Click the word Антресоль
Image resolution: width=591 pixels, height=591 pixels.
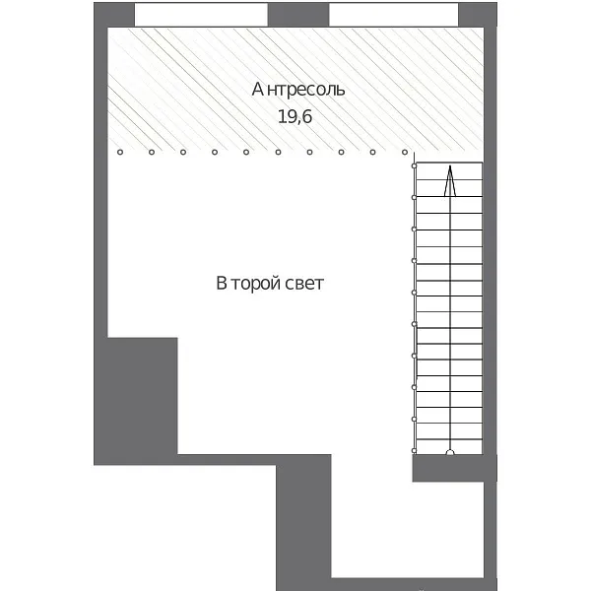click(298, 90)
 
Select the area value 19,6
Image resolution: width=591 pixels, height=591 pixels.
click(295, 116)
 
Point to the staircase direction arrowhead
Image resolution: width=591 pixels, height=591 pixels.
click(450, 180)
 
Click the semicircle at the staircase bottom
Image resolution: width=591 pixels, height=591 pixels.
click(450, 452)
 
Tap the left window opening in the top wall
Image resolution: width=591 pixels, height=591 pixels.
click(201, 15)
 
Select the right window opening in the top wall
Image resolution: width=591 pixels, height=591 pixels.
click(393, 15)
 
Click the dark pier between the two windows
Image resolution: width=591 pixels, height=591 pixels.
click(298, 15)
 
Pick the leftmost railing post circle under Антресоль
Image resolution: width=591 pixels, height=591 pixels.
click(120, 153)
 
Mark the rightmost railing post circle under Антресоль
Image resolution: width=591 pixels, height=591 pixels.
click(405, 153)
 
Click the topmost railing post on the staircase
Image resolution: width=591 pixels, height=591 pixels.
click(414, 165)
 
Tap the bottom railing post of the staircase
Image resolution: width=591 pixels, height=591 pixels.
click(414, 450)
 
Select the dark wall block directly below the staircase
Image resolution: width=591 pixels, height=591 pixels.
click(454, 468)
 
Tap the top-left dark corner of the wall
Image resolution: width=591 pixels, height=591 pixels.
click(114, 15)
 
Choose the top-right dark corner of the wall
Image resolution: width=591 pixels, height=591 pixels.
click(478, 15)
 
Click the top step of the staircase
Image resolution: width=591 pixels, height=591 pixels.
click(449, 171)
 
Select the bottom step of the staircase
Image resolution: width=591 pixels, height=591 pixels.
click(449, 447)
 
